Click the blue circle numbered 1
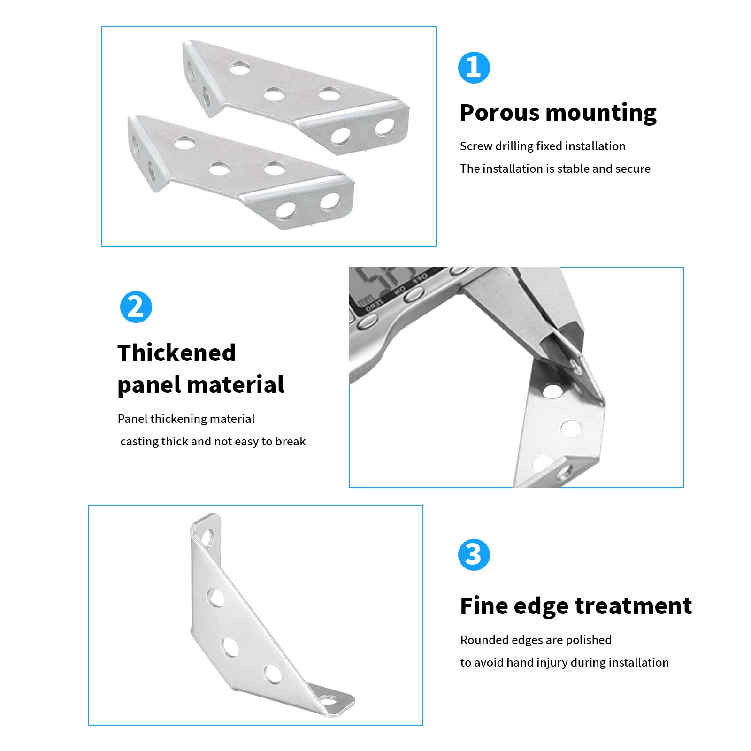tap(474, 68)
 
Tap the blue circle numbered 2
tap(136, 307)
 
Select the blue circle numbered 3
tap(474, 555)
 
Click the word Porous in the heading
tap(499, 113)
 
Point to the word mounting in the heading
tap(601, 114)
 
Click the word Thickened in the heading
tap(176, 353)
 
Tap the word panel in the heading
tap(149, 385)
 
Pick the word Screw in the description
tap(476, 146)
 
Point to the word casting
tap(139, 442)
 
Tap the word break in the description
tap(291, 441)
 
